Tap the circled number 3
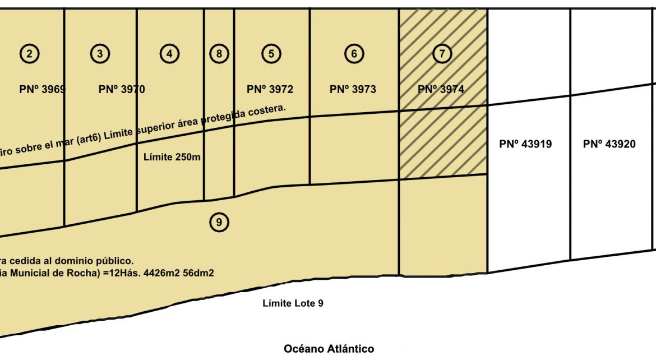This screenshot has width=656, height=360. [100, 54]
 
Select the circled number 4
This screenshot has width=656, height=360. [169, 54]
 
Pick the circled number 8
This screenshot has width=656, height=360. [219, 54]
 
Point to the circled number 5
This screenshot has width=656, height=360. [271, 54]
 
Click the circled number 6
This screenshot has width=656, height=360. [354, 54]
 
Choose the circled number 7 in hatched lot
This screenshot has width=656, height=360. [442, 54]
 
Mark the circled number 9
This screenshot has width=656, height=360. [219, 223]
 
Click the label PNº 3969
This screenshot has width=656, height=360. [43, 89]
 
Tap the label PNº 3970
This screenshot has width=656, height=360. [122, 89]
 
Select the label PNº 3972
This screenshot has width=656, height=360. [270, 89]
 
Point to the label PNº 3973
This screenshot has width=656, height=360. [353, 89]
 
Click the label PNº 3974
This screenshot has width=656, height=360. [441, 89]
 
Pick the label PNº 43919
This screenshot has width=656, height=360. [525, 144]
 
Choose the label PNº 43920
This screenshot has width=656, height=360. [609, 144]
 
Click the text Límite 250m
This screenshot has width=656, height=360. [172, 157]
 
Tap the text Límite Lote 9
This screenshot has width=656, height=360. [293, 303]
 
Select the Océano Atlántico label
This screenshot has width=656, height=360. [329, 349]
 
